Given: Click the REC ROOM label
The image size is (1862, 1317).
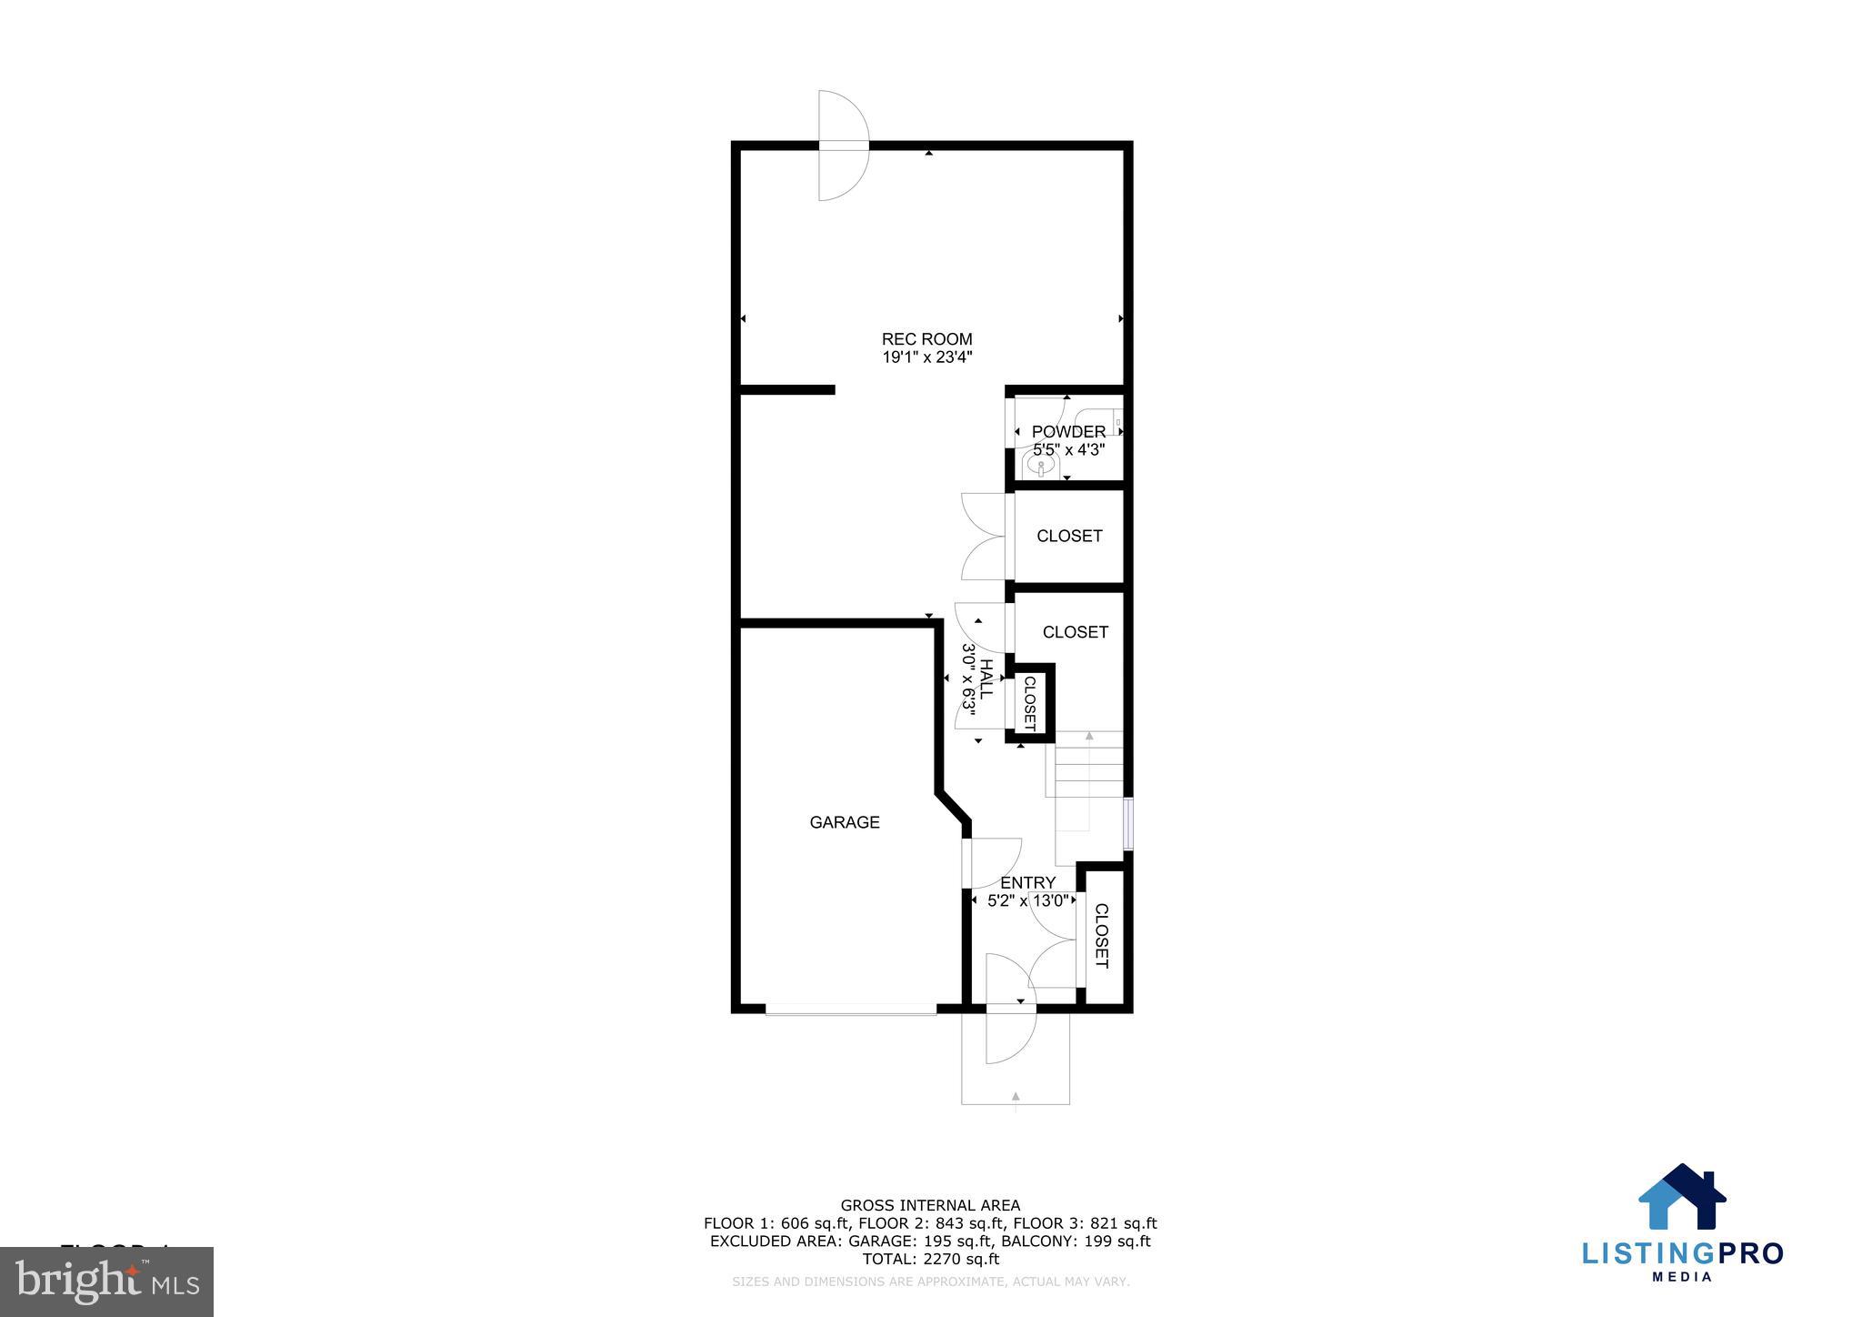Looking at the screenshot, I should pyautogui.click(x=926, y=339).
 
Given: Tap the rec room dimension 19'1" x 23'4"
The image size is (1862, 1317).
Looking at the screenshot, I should pyautogui.click(x=926, y=357).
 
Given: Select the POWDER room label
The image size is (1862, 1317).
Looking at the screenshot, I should pyautogui.click(x=1068, y=431).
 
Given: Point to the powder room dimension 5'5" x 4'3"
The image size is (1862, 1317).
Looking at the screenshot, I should pyautogui.click(x=1068, y=449).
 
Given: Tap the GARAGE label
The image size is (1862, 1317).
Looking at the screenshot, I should pyautogui.click(x=845, y=822).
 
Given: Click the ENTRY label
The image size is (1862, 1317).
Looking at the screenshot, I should pyautogui.click(x=1027, y=882).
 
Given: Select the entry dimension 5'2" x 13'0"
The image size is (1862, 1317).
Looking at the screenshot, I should pyautogui.click(x=1027, y=901).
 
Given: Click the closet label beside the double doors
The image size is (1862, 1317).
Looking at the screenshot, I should pyautogui.click(x=1069, y=536).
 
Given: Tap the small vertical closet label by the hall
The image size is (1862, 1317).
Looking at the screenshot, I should pyautogui.click(x=1030, y=703).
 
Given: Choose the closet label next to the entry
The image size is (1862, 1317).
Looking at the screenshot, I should pyautogui.click(x=1101, y=935).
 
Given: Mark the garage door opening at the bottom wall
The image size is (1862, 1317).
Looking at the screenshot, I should pyautogui.click(x=851, y=1009).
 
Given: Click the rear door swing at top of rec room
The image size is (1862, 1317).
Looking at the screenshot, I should pyautogui.click(x=843, y=146).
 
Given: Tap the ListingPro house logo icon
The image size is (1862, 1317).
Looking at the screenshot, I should pyautogui.click(x=1682, y=1198).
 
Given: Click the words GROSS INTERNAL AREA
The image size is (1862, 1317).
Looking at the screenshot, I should pyautogui.click(x=930, y=1206).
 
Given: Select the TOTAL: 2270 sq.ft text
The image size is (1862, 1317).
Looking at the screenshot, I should pyautogui.click(x=930, y=1259).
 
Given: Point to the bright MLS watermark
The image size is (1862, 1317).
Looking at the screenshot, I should pyautogui.click(x=107, y=1282).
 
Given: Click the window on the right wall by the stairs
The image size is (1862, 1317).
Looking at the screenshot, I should pyautogui.click(x=1128, y=823).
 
